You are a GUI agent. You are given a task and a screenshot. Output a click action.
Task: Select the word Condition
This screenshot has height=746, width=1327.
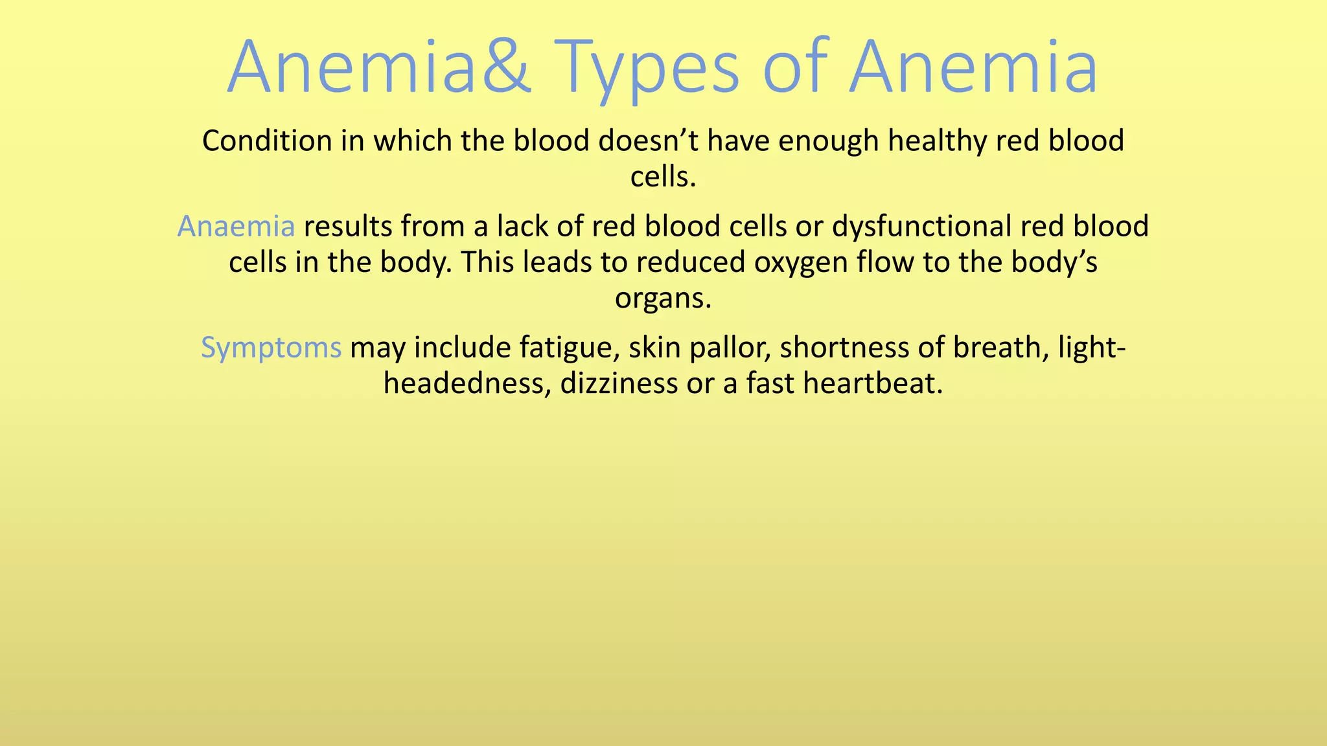[x=267, y=141]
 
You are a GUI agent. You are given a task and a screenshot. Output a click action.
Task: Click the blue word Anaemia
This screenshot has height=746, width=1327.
[x=236, y=227]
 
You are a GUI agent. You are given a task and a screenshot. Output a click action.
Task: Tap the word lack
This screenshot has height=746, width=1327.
[x=524, y=227]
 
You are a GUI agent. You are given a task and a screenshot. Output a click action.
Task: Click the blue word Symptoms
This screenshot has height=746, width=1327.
[x=271, y=348]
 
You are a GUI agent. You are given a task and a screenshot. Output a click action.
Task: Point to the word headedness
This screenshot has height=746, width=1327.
[x=467, y=383]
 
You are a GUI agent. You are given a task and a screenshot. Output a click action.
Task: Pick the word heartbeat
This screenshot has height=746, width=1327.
[x=872, y=383]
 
